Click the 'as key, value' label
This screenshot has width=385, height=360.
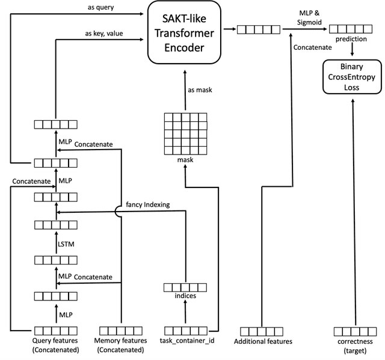tap(104, 34)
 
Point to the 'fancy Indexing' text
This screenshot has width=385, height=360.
tap(147, 205)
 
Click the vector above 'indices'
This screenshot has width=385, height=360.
tap(185, 287)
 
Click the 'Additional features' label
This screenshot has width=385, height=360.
tap(263, 341)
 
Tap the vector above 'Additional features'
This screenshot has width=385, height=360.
tap(262, 331)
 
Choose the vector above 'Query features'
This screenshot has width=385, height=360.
tap(55, 331)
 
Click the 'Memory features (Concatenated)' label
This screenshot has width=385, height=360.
tap(122, 345)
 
